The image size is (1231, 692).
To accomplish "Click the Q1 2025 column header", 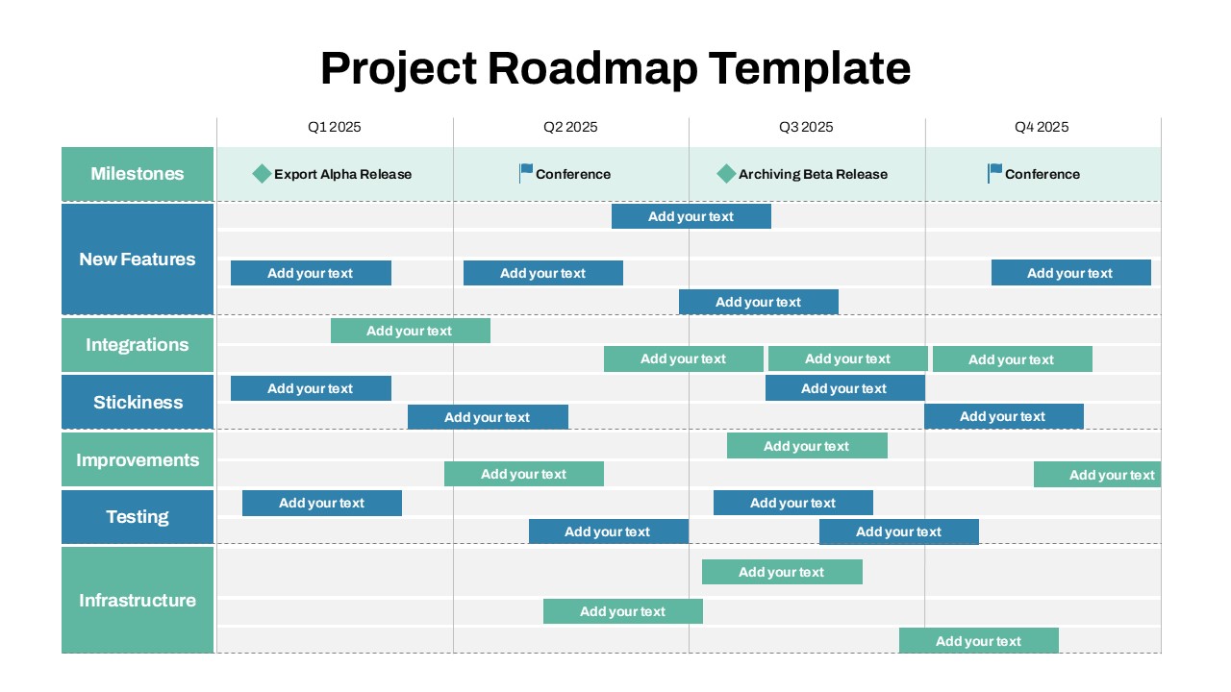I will pyautogui.click(x=335, y=127).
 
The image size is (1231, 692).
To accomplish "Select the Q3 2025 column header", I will pyautogui.click(x=806, y=127).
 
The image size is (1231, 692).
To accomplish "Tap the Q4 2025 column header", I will pyautogui.click(x=1042, y=127).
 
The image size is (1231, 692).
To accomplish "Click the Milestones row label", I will pyautogui.click(x=138, y=174).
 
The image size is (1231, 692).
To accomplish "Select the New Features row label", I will pyautogui.click(x=138, y=259).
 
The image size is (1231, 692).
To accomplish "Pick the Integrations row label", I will pyautogui.click(x=138, y=345).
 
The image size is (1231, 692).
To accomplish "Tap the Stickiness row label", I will pyautogui.click(x=138, y=403).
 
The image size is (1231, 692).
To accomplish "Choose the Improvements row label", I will pyautogui.click(x=138, y=460).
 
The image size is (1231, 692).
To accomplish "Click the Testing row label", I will pyautogui.click(x=138, y=517).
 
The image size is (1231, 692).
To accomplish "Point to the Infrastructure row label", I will pyautogui.click(x=138, y=601).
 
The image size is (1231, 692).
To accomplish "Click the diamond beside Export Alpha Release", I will pyautogui.click(x=262, y=174).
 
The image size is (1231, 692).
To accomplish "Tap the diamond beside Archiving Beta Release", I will pyautogui.click(x=726, y=174).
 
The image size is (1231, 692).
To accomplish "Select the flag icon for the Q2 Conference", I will pyautogui.click(x=525, y=173).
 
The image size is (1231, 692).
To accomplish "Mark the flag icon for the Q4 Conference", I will pyautogui.click(x=994, y=173).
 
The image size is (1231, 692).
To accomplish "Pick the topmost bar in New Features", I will pyautogui.click(x=691, y=216).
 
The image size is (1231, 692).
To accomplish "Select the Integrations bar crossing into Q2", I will pyautogui.click(x=410, y=331).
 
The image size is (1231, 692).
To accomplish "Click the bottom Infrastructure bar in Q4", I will pyautogui.click(x=978, y=641).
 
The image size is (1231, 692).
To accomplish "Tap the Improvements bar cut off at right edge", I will pyautogui.click(x=1097, y=475).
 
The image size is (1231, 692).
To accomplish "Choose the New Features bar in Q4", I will pyautogui.click(x=1070, y=273).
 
